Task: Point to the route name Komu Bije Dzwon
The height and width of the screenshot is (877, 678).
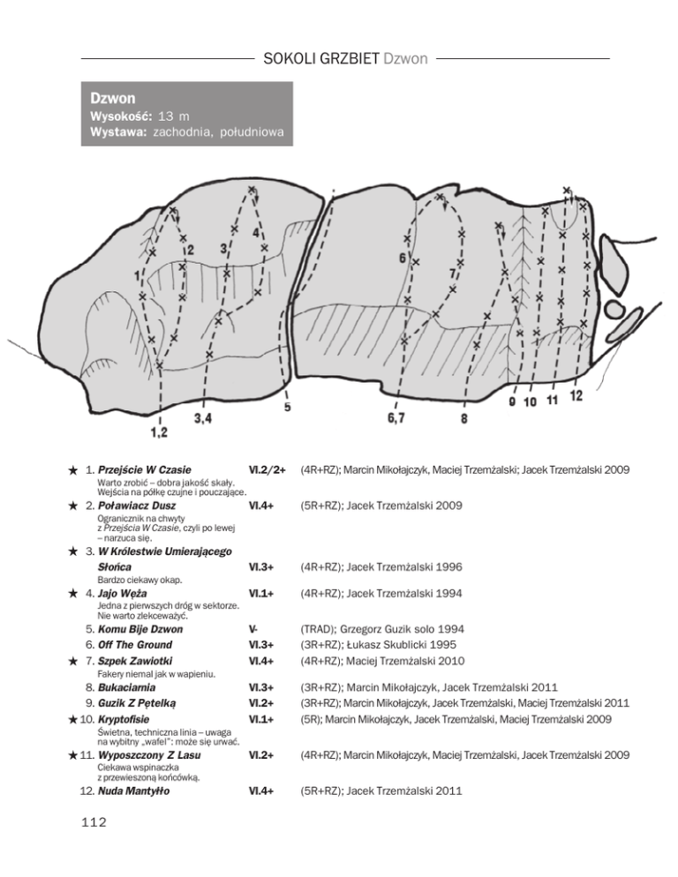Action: [x=140, y=630]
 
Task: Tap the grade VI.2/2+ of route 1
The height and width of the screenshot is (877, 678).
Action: [x=268, y=470]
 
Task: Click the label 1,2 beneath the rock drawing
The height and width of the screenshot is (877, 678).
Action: [x=159, y=431]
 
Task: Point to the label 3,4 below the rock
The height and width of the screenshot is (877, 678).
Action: [x=202, y=418]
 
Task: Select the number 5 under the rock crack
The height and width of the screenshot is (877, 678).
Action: [x=288, y=408]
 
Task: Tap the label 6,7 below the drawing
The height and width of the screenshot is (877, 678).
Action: [x=396, y=418]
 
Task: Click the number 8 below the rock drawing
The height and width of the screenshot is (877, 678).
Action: [x=464, y=419]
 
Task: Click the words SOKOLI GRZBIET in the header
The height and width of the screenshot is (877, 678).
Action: [x=321, y=60]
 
